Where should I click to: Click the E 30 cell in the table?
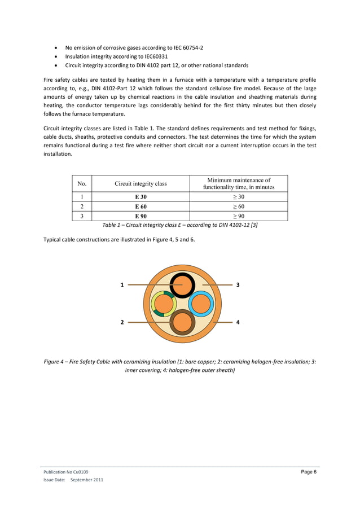coord(141,197)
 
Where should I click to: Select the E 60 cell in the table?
coord(141,207)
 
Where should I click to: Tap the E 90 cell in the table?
coord(141,216)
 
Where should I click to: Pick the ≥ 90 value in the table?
coord(238,216)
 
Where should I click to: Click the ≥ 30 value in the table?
coord(238,197)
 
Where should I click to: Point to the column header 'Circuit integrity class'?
coord(141,183)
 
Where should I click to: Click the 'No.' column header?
coord(82,183)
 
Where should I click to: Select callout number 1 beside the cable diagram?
coord(122,285)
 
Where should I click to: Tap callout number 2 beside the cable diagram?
coord(122,322)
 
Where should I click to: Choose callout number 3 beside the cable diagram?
coord(238,285)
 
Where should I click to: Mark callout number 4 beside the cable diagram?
coord(238,322)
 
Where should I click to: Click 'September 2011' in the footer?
coord(86,480)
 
